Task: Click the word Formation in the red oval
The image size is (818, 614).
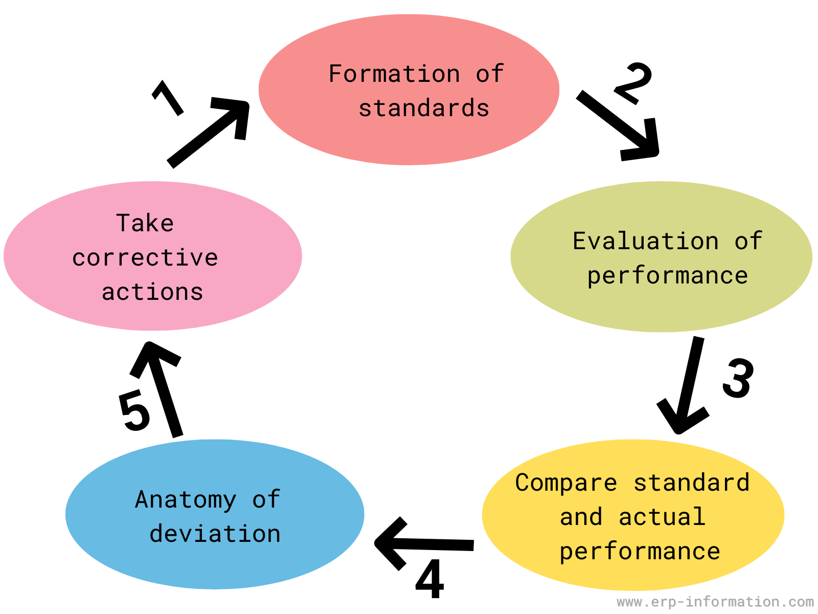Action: click(x=394, y=74)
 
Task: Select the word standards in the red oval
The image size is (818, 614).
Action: click(x=424, y=108)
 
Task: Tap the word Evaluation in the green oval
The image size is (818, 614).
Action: click(x=646, y=241)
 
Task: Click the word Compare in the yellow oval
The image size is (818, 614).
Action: click(x=566, y=483)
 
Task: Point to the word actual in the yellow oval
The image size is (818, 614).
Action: click(x=662, y=517)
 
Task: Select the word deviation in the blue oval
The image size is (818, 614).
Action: click(x=215, y=534)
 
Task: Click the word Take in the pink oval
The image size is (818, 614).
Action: click(x=145, y=223)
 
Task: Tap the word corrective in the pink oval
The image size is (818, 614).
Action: click(x=145, y=257)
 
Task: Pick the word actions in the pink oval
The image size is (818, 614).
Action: click(x=152, y=292)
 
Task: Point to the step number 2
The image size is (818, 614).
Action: click(x=633, y=83)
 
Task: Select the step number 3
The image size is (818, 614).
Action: click(x=738, y=378)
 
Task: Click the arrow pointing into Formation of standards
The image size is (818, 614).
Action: click(x=208, y=133)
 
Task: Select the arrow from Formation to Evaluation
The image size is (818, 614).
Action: click(x=618, y=126)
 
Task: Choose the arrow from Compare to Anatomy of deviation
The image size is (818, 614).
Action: click(x=424, y=544)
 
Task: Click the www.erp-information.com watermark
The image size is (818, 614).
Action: click(x=715, y=602)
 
